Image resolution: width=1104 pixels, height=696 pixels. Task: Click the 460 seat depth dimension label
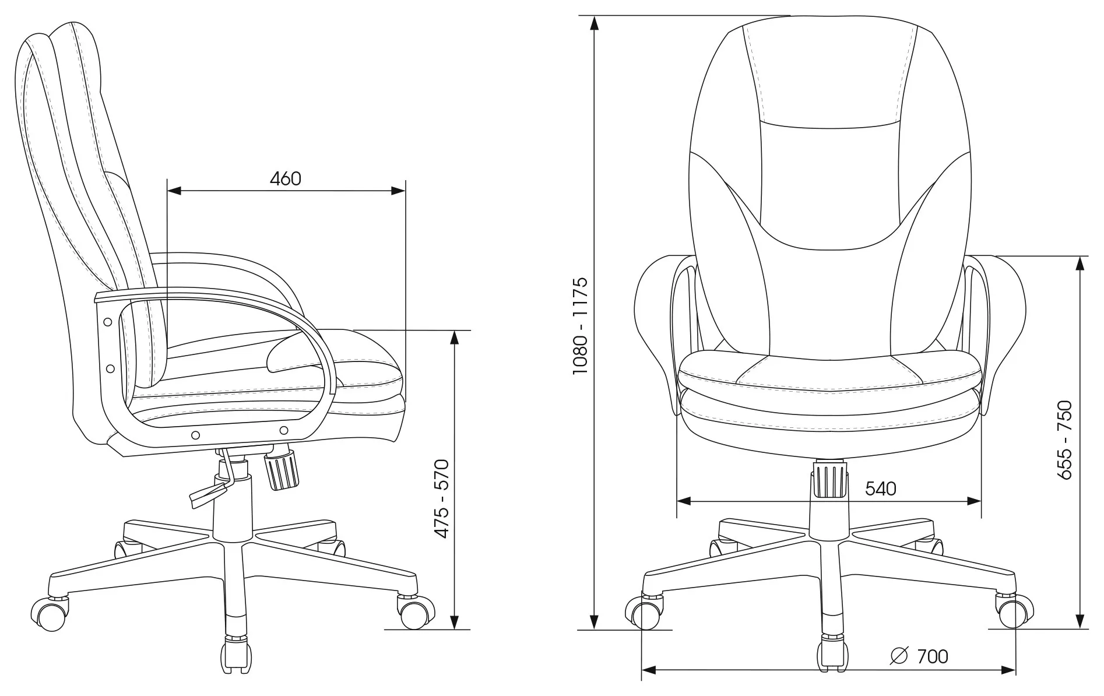pyautogui.click(x=286, y=178)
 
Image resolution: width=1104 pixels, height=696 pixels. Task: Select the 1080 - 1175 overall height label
pyautogui.click(x=581, y=326)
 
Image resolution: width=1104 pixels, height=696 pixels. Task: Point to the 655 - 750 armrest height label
pyautogui.click(x=1064, y=440)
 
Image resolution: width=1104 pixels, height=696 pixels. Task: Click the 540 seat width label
pyautogui.click(x=880, y=488)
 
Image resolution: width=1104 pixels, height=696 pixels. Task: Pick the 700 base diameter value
pyautogui.click(x=933, y=656)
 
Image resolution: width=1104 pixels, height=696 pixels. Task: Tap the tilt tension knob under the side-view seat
pyautogui.click(x=282, y=470)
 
